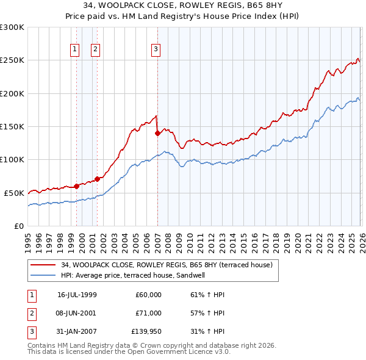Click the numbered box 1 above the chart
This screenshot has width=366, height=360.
pyautogui.click(x=74, y=49)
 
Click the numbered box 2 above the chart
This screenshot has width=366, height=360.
pyautogui.click(x=96, y=49)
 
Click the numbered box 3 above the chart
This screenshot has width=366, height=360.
pyautogui.click(x=156, y=49)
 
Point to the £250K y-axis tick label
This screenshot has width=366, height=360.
pyautogui.click(x=12, y=60)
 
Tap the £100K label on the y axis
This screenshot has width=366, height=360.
pyautogui.click(x=12, y=160)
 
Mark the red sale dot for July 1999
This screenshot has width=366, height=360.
pyautogui.click(x=77, y=186)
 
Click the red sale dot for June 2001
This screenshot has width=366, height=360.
pyautogui.click(x=97, y=179)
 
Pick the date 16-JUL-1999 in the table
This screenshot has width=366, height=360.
pyautogui.click(x=76, y=295)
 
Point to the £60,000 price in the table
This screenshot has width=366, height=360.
pyautogui.click(x=148, y=295)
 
